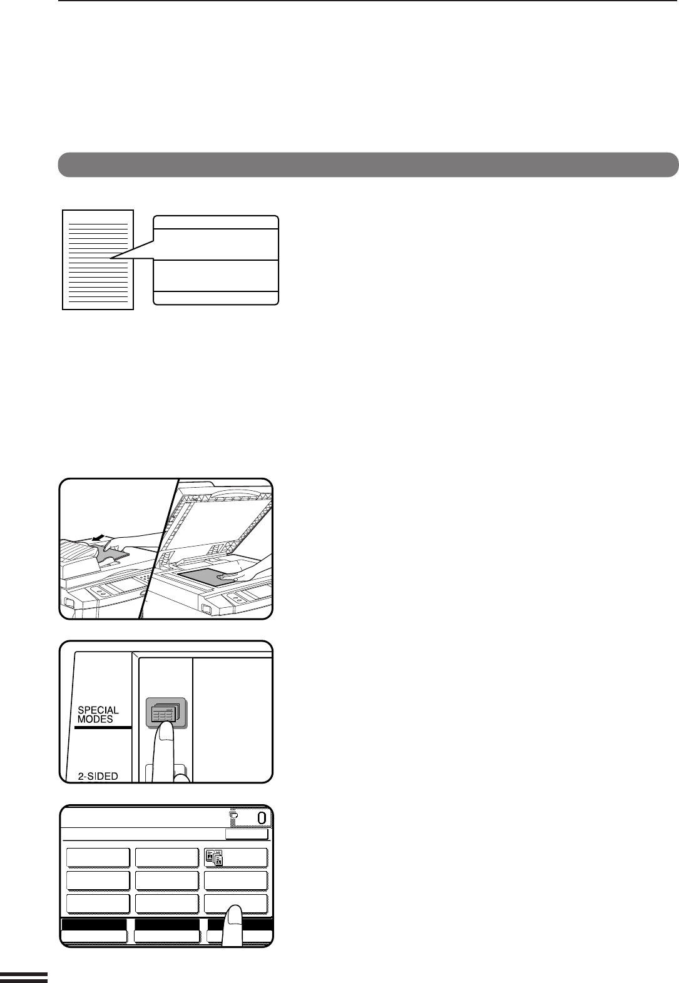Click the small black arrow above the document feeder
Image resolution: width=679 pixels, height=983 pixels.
99,538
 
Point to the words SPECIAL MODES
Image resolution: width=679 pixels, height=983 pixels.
98,715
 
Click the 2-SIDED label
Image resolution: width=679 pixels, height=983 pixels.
98,776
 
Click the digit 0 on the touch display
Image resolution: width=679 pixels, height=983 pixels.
262,818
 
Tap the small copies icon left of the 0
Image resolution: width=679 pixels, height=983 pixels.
233,816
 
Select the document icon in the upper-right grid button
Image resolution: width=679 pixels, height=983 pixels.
214,858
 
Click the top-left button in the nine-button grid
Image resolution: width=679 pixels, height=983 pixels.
98,858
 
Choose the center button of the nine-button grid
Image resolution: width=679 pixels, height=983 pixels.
167,880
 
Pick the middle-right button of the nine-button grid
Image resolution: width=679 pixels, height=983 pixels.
236,880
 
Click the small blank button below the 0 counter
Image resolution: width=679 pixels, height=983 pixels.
247,834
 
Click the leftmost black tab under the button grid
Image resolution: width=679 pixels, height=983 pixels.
94,925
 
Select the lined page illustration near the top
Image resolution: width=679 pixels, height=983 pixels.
98,260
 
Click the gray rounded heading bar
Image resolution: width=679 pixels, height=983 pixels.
368,164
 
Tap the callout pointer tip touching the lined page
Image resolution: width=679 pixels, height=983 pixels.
111,258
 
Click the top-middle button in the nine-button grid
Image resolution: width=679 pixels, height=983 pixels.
167,858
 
